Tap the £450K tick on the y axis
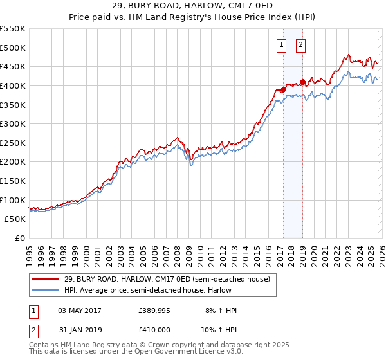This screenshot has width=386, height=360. (12, 67)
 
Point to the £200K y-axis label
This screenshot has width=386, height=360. (12, 162)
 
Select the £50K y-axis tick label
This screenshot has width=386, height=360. (15, 219)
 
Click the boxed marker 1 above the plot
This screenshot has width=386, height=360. (282, 44)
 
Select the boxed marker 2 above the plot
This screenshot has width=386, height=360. (301, 44)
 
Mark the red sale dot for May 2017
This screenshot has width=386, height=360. (282, 90)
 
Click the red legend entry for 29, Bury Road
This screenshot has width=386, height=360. (170, 279)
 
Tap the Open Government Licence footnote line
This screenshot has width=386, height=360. (136, 352)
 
